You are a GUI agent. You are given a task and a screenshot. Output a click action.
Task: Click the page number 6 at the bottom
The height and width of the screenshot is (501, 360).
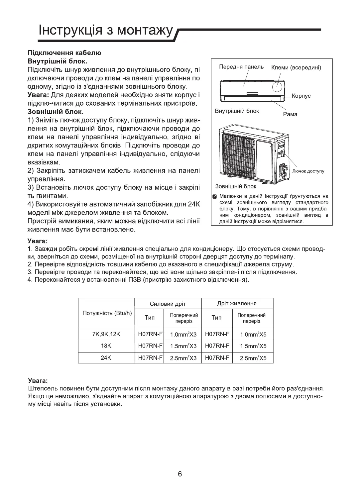pyautogui.click(x=180, y=474)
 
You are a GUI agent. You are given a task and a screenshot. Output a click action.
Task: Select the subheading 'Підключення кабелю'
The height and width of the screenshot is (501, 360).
pyautogui.click(x=64, y=53)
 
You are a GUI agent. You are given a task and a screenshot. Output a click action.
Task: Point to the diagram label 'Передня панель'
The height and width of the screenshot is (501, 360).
pyautogui.click(x=241, y=67)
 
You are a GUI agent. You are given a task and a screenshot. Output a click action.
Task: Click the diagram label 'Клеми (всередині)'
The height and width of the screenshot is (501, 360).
pyautogui.click(x=296, y=68)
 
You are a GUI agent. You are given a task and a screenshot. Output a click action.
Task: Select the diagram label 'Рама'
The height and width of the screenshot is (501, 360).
pyautogui.click(x=290, y=114)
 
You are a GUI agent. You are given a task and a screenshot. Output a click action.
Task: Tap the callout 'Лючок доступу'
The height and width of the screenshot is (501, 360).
pyautogui.click(x=308, y=171)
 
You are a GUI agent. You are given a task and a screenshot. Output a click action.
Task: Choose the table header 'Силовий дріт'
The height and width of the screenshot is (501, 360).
pyautogui.click(x=168, y=304)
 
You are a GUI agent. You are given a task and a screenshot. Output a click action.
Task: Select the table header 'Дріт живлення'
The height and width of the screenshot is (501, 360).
pyautogui.click(x=237, y=303)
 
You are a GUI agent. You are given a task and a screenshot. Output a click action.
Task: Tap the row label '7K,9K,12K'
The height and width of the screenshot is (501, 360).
pyautogui.click(x=106, y=334)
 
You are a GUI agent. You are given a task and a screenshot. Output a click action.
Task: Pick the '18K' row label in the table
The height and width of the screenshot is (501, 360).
pyautogui.click(x=106, y=346)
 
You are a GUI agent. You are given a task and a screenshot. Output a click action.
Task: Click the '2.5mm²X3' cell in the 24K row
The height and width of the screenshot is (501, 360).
pyautogui.click(x=183, y=358)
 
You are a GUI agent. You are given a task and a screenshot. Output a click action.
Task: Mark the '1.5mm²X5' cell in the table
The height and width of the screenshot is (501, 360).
pyautogui.click(x=253, y=346)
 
